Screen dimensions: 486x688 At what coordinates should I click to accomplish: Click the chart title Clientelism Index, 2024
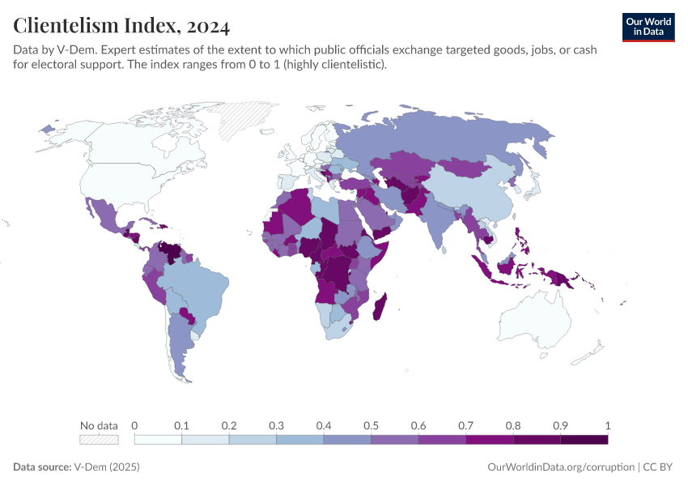point(121,26)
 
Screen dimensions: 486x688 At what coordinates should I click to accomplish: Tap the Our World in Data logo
point(648,27)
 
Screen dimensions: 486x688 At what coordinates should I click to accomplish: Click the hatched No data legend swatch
point(99,439)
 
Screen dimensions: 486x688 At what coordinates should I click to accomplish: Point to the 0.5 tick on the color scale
point(372,425)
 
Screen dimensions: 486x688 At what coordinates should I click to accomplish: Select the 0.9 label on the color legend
point(561,425)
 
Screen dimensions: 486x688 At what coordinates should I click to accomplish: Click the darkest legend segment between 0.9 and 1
point(584,439)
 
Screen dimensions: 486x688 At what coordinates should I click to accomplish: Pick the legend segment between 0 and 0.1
point(158,439)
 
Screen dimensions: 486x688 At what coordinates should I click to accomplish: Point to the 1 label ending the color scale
point(607,425)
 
